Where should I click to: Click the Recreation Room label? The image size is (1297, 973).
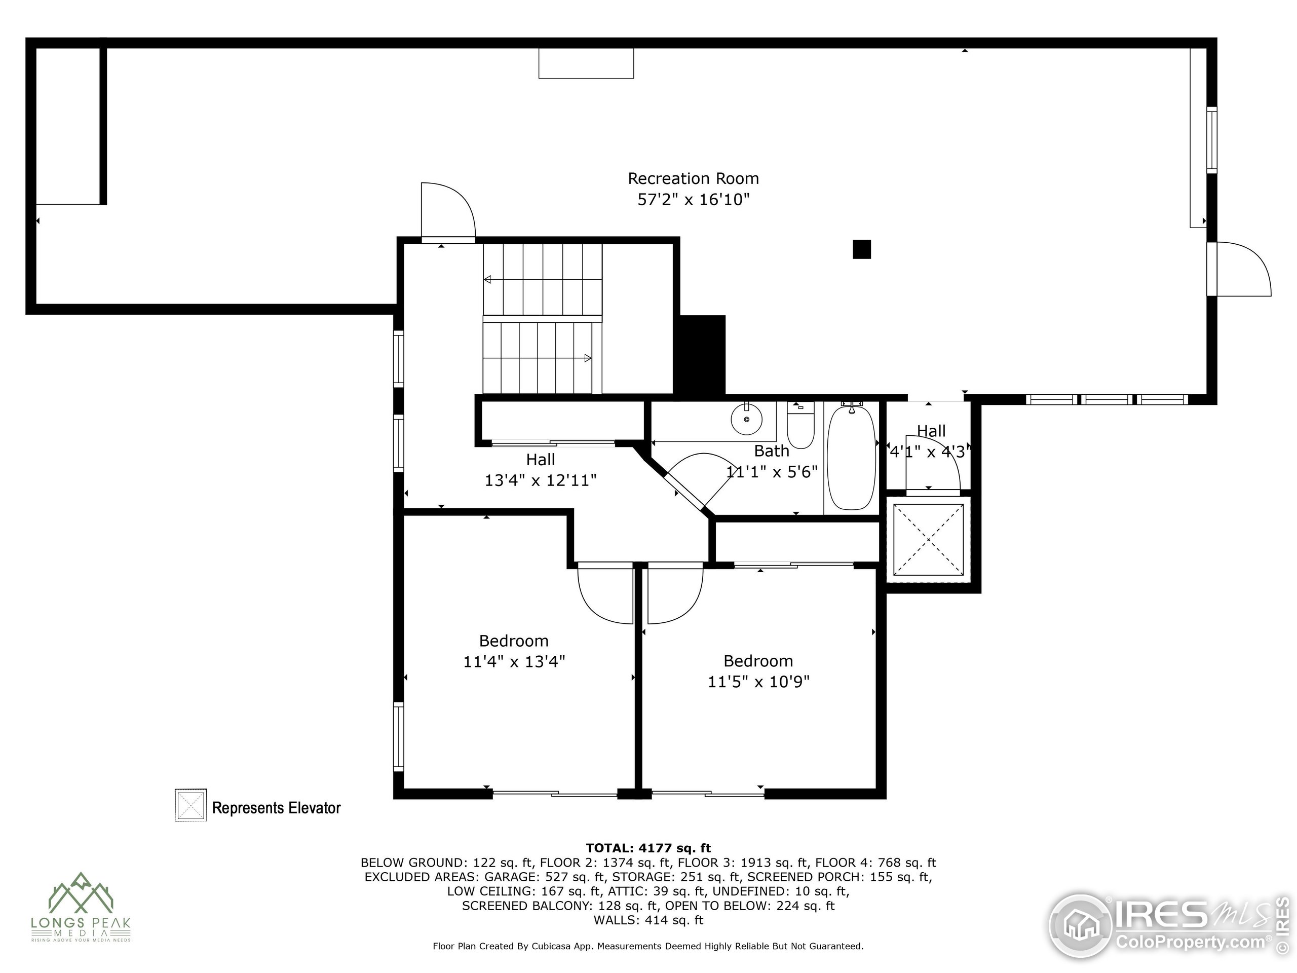(693, 178)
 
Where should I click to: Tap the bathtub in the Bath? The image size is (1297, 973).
(851, 458)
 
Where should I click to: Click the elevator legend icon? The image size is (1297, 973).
(190, 805)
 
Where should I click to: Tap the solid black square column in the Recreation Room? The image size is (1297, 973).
(861, 249)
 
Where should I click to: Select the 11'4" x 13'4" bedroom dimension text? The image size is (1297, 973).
(514, 661)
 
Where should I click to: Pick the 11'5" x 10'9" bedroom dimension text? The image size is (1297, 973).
(759, 682)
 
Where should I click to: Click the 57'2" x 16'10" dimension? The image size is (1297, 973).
(694, 199)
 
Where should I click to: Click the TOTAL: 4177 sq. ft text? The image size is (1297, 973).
(648, 848)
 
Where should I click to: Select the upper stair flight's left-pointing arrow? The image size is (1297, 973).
(487, 279)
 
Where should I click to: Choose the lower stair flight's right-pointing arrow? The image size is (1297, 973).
(587, 358)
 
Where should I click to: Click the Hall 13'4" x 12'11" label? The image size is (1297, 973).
(540, 470)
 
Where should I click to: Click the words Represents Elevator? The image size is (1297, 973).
(276, 808)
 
